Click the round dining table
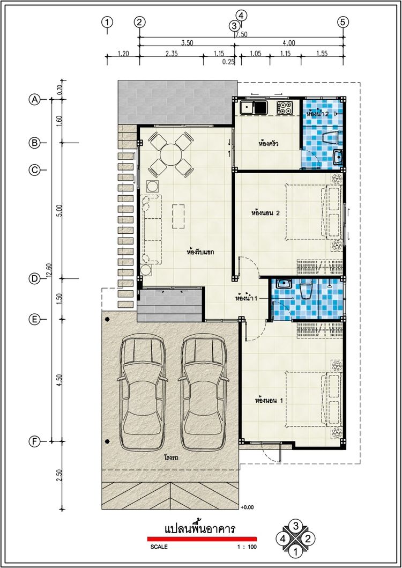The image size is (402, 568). [x=170, y=154]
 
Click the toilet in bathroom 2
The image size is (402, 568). [x=331, y=137]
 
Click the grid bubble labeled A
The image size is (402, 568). [x=34, y=99]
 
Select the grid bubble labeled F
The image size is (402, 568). [x=34, y=441]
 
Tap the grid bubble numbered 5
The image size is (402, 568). [x=343, y=22]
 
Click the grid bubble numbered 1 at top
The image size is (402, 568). [x=107, y=22]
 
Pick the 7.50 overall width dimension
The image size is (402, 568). [x=241, y=34]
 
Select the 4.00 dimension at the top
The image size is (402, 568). [x=289, y=43]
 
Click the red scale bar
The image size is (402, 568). [x=202, y=539]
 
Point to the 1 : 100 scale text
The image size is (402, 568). [x=245, y=547]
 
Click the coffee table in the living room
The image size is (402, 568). [x=178, y=216]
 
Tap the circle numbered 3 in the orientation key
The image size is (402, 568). [x=295, y=526]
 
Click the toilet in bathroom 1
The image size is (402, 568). [x=306, y=290]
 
